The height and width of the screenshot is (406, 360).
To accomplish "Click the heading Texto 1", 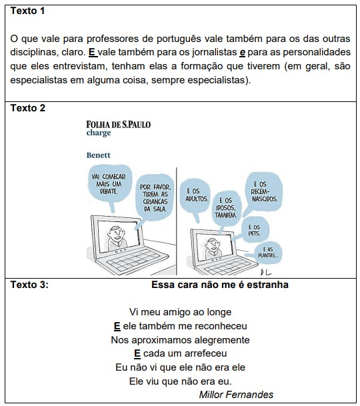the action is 27,11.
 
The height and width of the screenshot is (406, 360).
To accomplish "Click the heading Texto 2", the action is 28,108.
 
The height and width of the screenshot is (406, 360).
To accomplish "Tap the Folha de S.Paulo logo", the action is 119,125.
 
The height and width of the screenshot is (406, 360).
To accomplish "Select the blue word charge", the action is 99,133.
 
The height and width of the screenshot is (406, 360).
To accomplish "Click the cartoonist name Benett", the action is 99,155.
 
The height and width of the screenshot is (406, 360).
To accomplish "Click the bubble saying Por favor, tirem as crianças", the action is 155,197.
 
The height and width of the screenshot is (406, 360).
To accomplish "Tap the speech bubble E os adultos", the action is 195,195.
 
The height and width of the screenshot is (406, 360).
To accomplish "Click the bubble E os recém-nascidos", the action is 263,192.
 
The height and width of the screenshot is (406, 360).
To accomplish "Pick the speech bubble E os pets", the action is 254,230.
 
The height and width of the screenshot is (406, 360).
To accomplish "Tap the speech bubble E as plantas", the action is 267,253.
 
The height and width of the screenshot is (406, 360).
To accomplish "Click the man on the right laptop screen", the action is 213,248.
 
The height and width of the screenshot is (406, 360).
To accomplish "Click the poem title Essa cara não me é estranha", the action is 220,285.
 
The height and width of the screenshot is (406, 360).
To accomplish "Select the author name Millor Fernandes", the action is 236,395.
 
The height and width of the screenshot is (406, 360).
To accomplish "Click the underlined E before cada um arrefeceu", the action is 137,354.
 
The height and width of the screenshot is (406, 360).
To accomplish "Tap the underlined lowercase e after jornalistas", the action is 242,53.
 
